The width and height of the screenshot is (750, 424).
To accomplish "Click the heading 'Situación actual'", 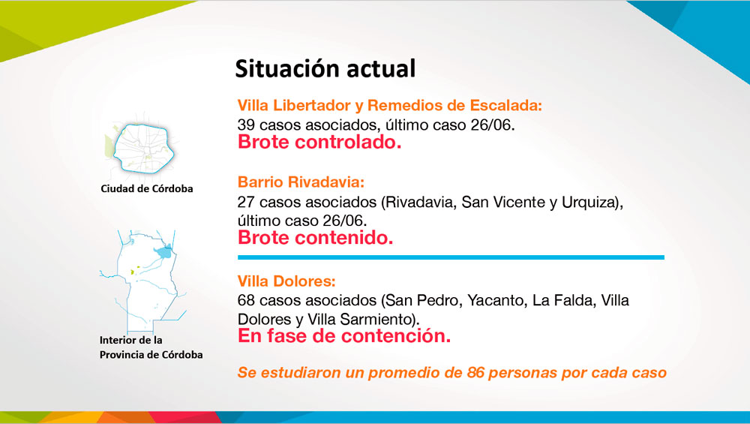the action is [325, 68].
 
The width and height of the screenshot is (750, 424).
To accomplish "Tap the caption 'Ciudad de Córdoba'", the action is [147, 188].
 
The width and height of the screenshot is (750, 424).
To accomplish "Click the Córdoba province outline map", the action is [143, 281].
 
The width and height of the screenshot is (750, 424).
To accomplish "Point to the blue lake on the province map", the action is [163, 251].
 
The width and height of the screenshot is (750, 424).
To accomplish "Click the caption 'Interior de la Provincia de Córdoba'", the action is [151, 347].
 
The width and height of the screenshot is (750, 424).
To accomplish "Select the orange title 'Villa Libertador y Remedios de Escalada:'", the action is [390, 105].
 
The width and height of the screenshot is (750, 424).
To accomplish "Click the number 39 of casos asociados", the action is [246, 125].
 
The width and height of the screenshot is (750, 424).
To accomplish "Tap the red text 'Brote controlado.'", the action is [319, 142].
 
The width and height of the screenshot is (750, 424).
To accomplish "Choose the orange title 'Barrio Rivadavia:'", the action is [301, 182].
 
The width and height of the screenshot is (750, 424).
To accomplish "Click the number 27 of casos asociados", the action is [246, 202].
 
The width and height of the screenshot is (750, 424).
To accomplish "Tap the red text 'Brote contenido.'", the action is [315, 238].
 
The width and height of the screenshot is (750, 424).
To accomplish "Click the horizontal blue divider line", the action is [451, 257].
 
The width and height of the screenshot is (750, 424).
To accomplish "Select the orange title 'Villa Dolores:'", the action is [286, 281].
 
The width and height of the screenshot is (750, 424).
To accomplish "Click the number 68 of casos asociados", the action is [246, 300].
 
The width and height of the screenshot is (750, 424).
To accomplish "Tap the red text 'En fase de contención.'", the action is [344, 336].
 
